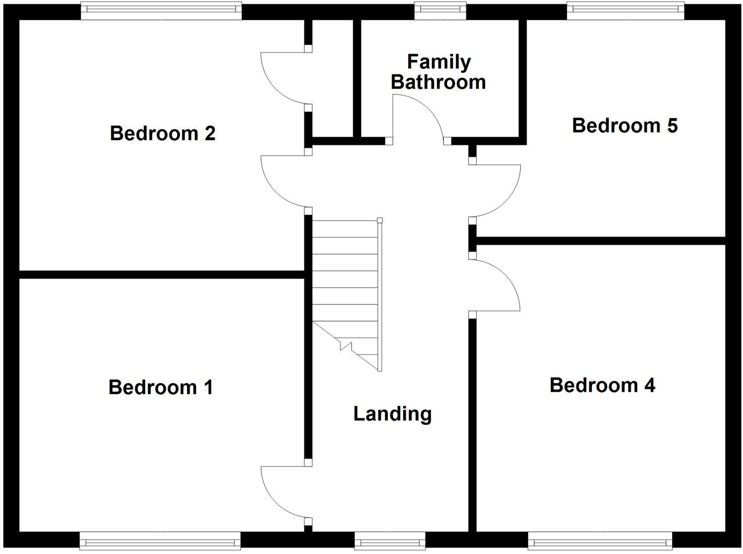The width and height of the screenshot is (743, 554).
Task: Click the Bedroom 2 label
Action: point(163,134)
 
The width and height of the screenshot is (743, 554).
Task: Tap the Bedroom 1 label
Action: point(161,388)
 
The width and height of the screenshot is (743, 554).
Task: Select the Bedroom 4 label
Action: point(602,385)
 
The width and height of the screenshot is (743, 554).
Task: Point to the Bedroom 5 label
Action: point(624,125)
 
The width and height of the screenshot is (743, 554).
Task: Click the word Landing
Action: point(392,414)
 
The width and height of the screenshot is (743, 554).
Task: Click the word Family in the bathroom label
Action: point(439,62)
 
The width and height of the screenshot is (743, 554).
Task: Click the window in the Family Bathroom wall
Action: point(440,11)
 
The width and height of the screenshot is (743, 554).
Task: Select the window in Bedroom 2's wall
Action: point(161,11)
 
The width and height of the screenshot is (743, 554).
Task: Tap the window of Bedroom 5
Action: point(625,11)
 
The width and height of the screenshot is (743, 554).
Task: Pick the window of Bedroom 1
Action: point(160,540)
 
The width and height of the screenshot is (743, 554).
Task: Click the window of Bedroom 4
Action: point(600,540)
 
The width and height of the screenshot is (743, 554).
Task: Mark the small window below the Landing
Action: point(390,540)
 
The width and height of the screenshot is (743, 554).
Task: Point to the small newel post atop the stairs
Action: point(380,221)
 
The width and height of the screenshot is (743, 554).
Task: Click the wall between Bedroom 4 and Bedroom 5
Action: point(600,241)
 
